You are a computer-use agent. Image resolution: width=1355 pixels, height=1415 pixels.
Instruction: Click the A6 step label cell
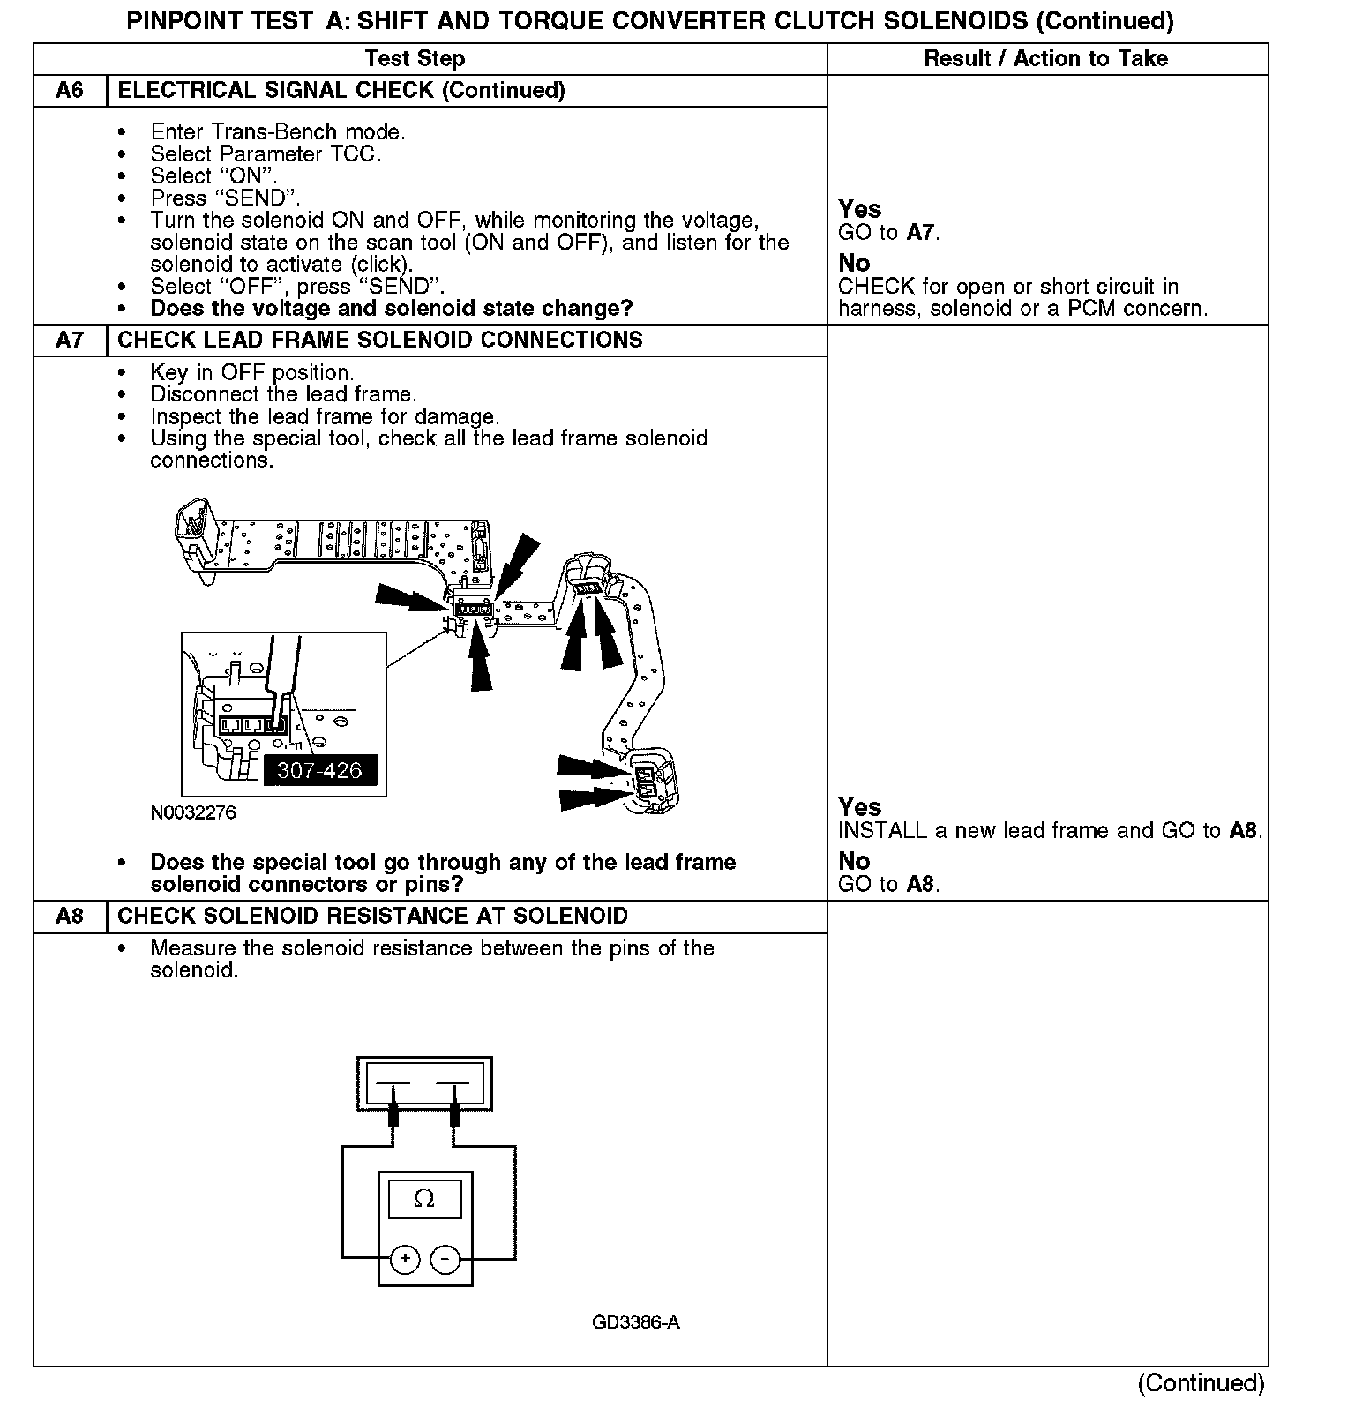click(x=70, y=91)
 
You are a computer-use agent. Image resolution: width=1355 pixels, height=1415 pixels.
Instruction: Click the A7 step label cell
click(x=70, y=341)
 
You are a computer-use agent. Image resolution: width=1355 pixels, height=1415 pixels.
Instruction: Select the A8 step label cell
click(x=70, y=917)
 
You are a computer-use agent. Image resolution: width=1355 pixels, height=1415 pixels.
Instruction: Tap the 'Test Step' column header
click(x=415, y=59)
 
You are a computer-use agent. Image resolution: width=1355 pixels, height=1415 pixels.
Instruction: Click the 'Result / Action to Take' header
click(x=1045, y=59)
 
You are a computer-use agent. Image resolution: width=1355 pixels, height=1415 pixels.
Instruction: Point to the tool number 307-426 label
click(x=319, y=770)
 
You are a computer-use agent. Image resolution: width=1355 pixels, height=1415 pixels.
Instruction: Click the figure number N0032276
click(x=193, y=812)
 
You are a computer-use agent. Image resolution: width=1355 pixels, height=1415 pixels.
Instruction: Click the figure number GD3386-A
click(x=636, y=1323)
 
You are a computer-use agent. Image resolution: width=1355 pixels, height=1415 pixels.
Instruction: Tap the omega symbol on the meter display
click(x=424, y=1199)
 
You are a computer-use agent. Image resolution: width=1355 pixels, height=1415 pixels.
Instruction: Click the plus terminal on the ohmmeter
click(x=405, y=1259)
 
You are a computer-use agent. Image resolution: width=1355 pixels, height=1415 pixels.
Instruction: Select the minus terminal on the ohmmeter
click(x=445, y=1259)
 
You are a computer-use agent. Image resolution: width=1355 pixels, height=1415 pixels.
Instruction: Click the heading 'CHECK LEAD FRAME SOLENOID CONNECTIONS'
click(x=380, y=341)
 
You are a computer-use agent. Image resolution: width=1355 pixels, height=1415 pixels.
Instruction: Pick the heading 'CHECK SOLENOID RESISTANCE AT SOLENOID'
click(x=372, y=917)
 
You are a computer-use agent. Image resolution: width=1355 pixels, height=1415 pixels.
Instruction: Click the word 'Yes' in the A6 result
click(x=859, y=209)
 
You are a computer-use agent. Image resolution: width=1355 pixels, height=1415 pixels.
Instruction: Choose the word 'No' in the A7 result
click(x=854, y=861)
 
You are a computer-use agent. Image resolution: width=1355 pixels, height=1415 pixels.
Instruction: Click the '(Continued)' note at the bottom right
click(x=1202, y=1382)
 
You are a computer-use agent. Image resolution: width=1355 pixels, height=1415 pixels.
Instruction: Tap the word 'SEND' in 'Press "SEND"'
click(x=256, y=198)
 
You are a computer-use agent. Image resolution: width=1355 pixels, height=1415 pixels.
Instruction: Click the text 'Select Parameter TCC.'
click(x=266, y=154)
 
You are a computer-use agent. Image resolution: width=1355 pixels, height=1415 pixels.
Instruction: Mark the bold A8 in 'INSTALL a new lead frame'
click(x=1243, y=831)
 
